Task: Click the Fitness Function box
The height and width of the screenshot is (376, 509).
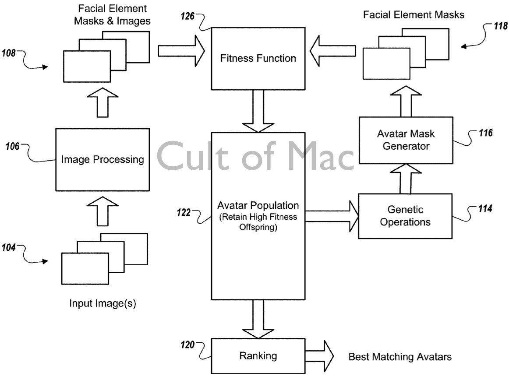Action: pyautogui.click(x=258, y=58)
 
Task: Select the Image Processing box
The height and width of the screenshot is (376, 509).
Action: pyautogui.click(x=103, y=159)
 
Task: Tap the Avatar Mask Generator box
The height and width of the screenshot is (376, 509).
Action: pyautogui.click(x=406, y=140)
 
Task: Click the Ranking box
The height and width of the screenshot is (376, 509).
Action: pyautogui.click(x=258, y=355)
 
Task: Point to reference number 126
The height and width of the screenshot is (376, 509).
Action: pyautogui.click(x=189, y=16)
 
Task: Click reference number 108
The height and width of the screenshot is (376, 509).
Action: pyautogui.click(x=10, y=53)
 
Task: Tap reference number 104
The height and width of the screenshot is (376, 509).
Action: pyautogui.click(x=10, y=248)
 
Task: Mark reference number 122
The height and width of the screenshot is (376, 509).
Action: pyautogui.click(x=184, y=212)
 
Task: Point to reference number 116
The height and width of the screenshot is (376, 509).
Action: pyautogui.click(x=485, y=133)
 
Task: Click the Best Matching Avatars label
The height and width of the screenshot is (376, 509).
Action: pyautogui.click(x=400, y=357)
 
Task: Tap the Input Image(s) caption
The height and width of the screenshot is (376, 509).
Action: pyautogui.click(x=103, y=303)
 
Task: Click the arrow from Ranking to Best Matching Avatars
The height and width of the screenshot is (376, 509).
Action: pyautogui.click(x=319, y=355)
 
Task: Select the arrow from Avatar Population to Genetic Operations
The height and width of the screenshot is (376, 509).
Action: pyautogui.click(x=332, y=216)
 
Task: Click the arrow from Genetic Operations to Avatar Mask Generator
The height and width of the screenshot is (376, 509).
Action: pyautogui.click(x=406, y=179)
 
